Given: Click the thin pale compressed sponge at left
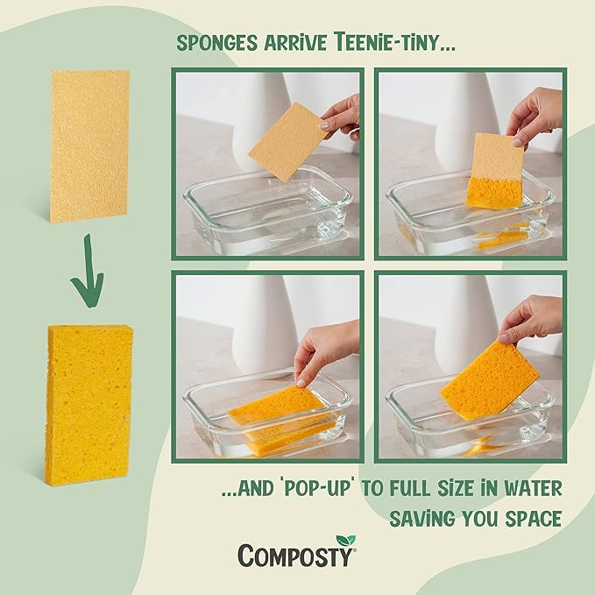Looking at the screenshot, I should coord(89,145).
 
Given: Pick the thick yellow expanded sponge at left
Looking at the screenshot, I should coord(89,404).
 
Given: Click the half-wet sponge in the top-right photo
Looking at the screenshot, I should coord(495,171).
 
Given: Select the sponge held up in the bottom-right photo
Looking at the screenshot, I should coord(489,379).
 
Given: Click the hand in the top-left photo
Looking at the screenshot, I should coord(344,114).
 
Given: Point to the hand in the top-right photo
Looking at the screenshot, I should coord(536,115).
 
